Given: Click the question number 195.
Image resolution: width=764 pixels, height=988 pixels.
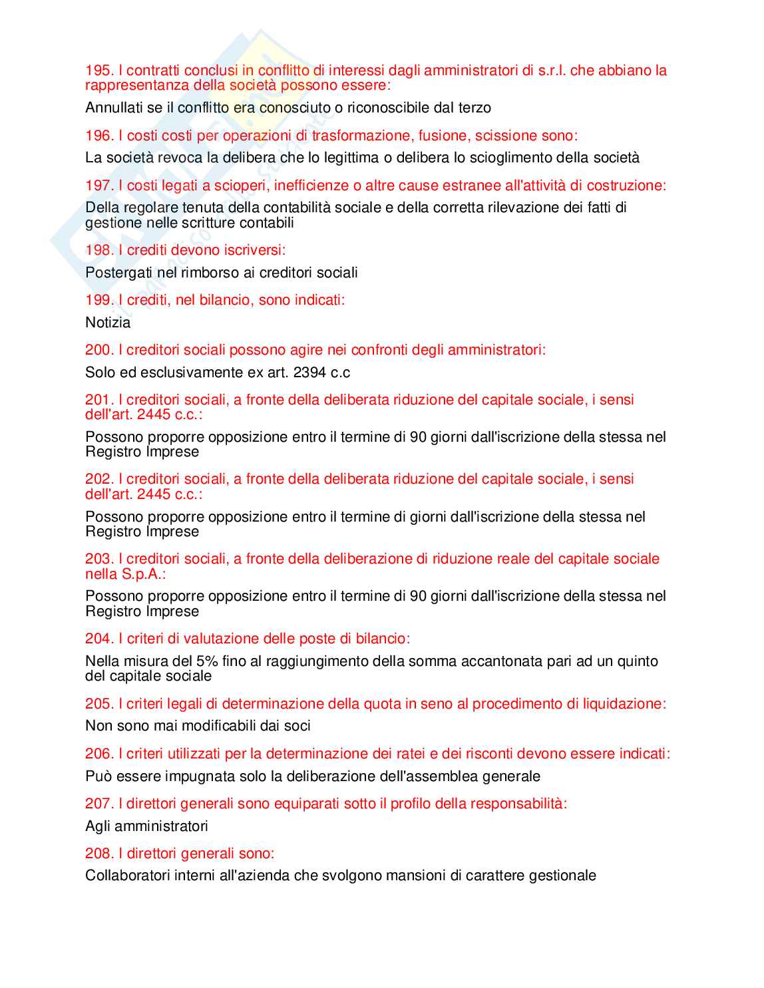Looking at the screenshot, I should point(99,71).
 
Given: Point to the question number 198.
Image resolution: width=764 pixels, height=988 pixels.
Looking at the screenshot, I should point(99,250).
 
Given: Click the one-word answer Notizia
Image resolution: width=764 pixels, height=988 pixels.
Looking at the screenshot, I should point(108,323).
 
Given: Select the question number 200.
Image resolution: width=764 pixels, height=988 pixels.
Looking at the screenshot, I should point(99,350).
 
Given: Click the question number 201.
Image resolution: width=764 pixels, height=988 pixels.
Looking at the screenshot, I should point(99,400).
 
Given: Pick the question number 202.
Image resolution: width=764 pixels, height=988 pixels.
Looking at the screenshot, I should point(99,479).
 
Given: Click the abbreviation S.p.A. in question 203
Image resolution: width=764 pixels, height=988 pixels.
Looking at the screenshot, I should point(143,574).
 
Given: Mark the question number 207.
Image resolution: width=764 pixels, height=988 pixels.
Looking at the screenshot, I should point(99,804).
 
